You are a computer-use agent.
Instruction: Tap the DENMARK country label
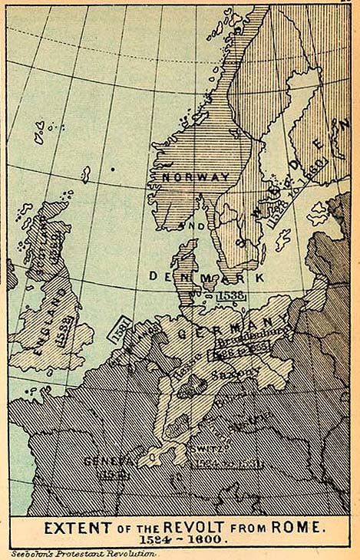pyautogui.click(x=207, y=275)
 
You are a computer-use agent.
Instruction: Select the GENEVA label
pyautogui.click(x=111, y=461)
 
